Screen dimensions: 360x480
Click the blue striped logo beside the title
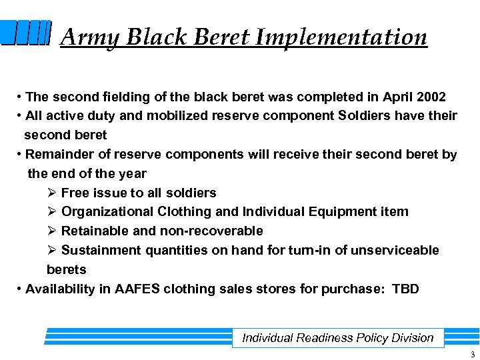(x=26, y=33)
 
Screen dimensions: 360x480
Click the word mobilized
(x=177, y=115)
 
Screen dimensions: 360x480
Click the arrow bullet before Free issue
(x=52, y=193)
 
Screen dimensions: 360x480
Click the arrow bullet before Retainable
(x=52, y=231)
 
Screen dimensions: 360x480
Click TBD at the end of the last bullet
(x=405, y=289)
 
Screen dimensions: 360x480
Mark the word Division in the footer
(x=413, y=338)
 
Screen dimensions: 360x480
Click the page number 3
(x=472, y=354)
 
